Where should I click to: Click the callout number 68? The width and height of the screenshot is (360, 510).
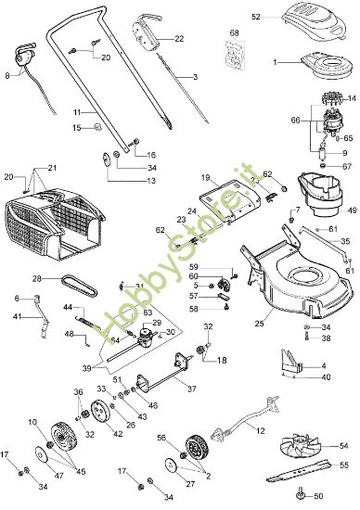(x=234, y=34)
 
